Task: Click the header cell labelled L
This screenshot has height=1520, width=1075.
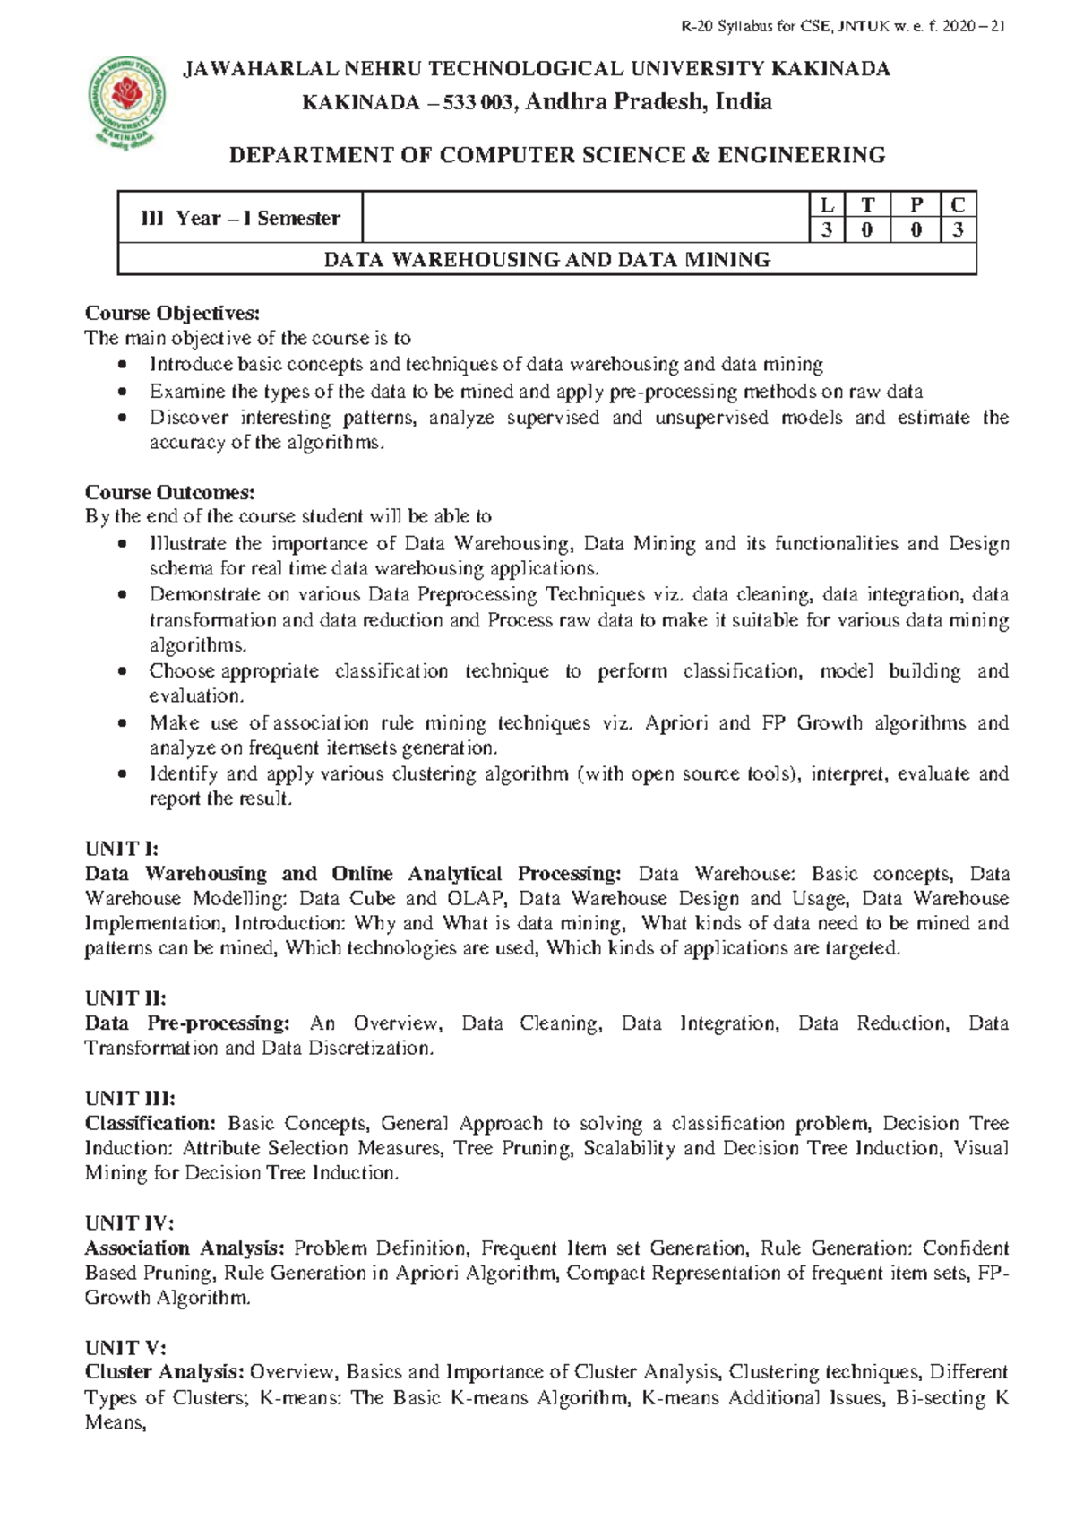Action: [826, 205]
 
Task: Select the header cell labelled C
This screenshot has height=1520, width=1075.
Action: [958, 205]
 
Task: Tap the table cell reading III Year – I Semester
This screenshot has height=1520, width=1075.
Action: [240, 218]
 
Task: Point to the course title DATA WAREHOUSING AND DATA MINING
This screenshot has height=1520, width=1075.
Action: [546, 260]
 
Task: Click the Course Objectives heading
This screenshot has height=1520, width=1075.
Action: [171, 313]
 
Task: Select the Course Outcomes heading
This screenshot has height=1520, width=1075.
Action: [169, 492]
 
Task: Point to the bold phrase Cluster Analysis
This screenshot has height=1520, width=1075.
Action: [165, 1372]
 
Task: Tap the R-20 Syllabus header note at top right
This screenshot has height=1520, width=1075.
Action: [843, 27]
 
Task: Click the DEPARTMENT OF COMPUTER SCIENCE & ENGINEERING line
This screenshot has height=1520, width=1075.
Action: [557, 155]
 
